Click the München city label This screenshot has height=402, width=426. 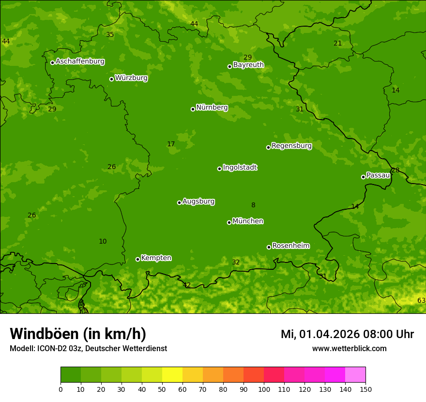[248, 221]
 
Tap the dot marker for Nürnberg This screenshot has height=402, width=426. [193, 109]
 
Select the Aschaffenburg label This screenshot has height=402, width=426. [80, 62]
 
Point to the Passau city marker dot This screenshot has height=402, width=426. [363, 177]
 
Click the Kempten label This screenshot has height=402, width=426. [156, 258]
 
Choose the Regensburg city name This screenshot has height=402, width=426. [291, 146]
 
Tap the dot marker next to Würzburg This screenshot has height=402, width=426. [111, 79]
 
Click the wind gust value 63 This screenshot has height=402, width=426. [421, 301]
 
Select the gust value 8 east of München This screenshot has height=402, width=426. [253, 205]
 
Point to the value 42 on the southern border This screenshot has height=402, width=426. [187, 285]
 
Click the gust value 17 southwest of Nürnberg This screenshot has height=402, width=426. [171, 144]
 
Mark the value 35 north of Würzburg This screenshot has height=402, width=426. [110, 35]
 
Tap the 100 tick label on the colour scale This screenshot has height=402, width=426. [264, 389]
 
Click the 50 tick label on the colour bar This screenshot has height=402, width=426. [162, 389]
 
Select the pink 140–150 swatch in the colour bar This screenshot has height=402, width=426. [355, 375]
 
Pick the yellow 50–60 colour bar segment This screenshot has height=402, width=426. [172, 375]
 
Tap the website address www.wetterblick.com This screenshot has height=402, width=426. [349, 349]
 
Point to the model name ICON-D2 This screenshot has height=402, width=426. [52, 349]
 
